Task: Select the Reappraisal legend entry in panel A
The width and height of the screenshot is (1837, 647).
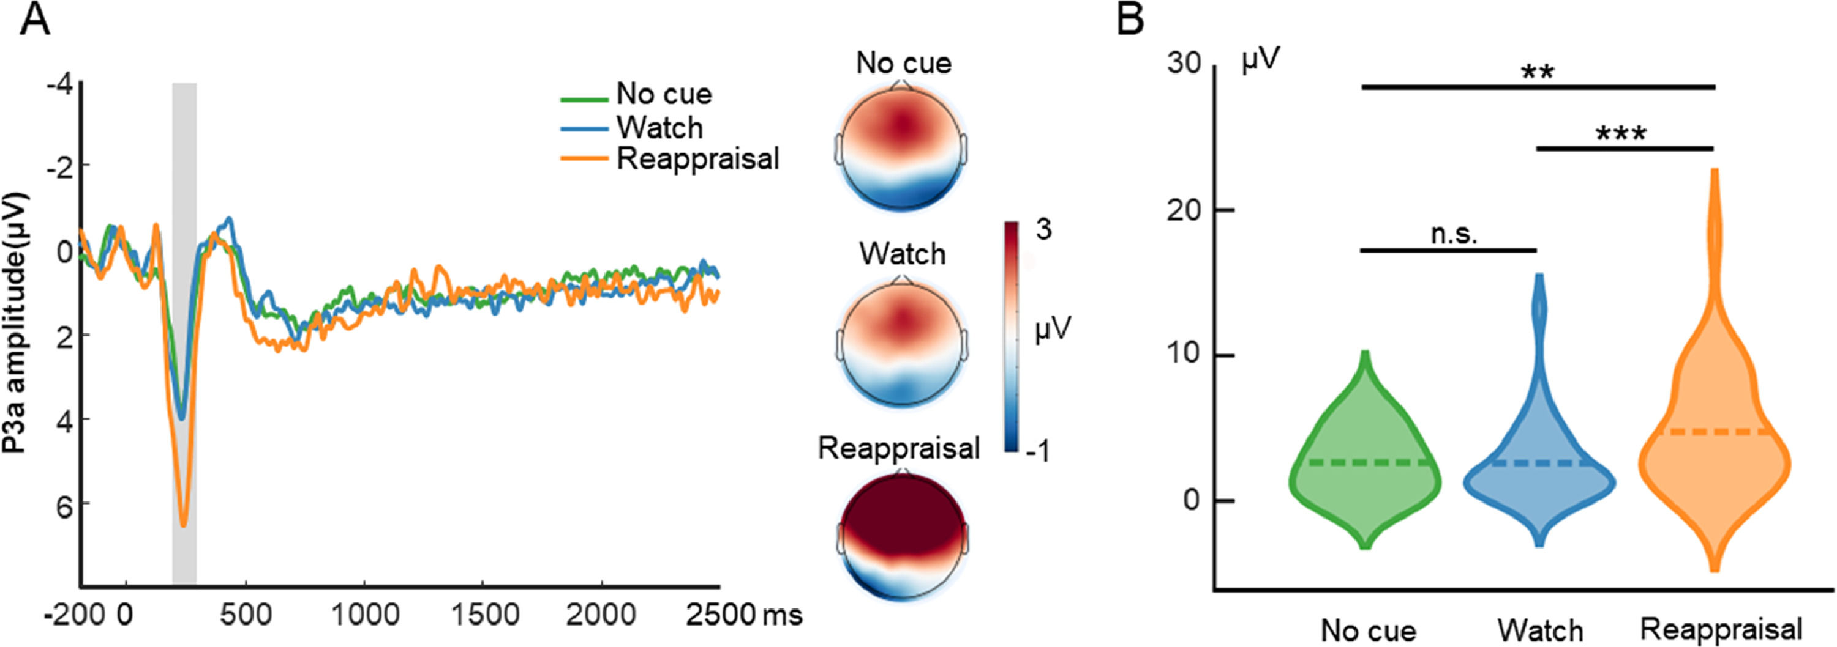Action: pos(697,159)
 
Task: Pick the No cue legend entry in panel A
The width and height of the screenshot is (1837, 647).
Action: pos(663,94)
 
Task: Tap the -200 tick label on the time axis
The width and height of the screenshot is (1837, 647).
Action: pos(74,614)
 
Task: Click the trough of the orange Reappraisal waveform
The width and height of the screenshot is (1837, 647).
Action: pos(183,525)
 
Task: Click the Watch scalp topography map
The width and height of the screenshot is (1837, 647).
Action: pos(903,341)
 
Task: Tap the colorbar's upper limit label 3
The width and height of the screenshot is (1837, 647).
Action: pos(1043,229)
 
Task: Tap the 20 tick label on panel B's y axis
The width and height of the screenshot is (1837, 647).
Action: pos(1184,211)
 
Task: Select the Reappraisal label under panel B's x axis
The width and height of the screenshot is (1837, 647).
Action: pos(1721,629)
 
